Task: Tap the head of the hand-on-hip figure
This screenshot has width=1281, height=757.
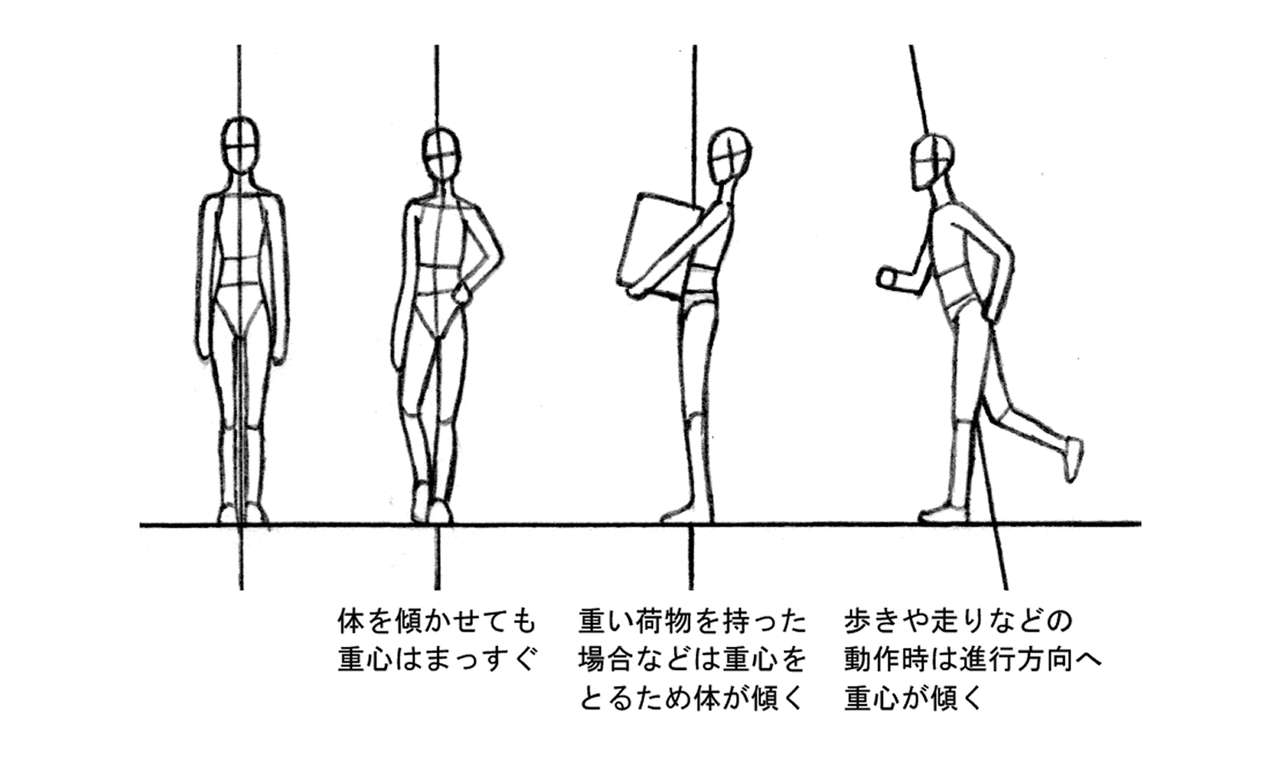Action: click(x=441, y=154)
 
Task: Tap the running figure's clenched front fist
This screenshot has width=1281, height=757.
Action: click(x=888, y=277)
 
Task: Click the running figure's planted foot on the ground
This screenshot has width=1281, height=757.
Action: click(x=945, y=512)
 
